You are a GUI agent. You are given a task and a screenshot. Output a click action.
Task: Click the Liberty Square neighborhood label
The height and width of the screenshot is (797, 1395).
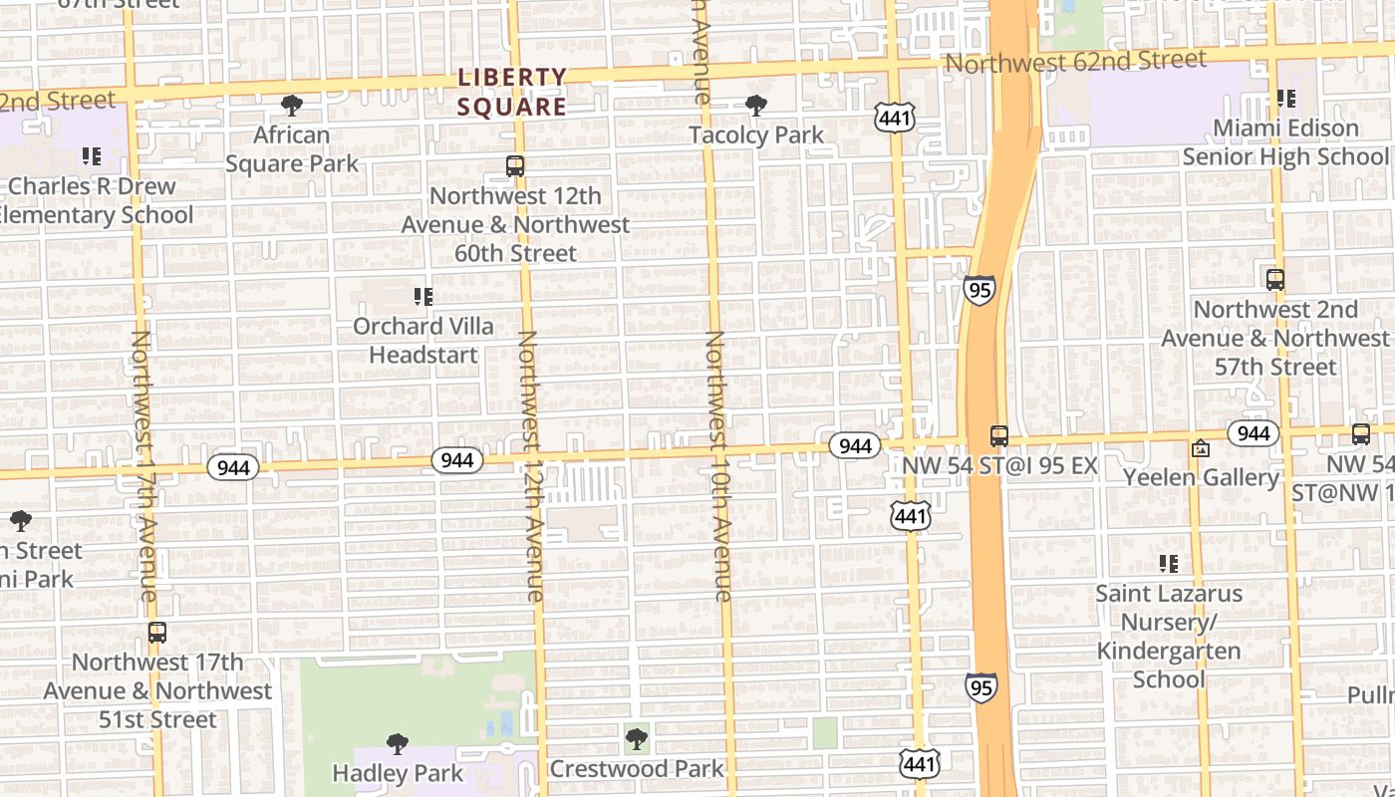click(x=512, y=91)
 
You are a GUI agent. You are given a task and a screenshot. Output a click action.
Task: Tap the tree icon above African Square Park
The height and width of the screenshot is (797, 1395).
click(x=292, y=105)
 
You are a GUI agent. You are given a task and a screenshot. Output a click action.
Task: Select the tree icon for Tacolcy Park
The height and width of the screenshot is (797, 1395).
click(x=756, y=105)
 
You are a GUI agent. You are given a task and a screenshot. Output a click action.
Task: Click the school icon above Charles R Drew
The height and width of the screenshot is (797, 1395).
click(x=92, y=155)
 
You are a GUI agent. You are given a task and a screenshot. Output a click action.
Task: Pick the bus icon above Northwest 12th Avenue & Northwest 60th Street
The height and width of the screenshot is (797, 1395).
click(x=515, y=166)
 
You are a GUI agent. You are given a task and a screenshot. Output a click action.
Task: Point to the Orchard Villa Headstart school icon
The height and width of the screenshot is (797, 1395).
click(x=423, y=296)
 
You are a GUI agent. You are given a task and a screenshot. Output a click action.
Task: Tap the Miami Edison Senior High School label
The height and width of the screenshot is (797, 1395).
click(x=1284, y=142)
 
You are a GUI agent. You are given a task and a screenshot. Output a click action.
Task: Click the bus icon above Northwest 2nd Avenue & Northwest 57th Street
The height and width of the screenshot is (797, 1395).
click(x=1275, y=280)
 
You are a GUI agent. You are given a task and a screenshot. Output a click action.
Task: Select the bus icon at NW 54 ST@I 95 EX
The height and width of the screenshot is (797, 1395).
click(x=999, y=436)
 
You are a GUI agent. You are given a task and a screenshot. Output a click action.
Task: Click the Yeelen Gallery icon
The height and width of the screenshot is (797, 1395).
click(x=1201, y=449)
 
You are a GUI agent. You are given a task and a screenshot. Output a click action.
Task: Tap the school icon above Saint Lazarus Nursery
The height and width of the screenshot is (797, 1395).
click(x=1169, y=564)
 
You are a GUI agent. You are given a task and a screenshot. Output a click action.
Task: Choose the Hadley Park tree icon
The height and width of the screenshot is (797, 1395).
click(x=398, y=743)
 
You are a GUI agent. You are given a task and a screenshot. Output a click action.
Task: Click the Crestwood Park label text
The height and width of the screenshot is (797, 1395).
click(x=637, y=768)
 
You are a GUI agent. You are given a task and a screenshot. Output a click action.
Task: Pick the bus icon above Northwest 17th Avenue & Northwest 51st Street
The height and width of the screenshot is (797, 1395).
click(x=156, y=632)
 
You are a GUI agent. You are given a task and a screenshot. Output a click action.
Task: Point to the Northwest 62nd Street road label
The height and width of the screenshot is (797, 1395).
click(x=1075, y=61)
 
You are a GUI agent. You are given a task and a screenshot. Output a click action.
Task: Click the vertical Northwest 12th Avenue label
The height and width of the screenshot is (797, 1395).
click(x=529, y=466)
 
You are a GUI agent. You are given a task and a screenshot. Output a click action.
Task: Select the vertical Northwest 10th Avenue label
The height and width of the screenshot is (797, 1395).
click(x=717, y=466)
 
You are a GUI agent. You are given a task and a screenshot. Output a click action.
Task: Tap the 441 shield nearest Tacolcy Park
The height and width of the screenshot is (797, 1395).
click(x=894, y=119)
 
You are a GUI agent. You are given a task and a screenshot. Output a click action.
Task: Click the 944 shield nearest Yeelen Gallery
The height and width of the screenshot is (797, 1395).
click(x=1253, y=433)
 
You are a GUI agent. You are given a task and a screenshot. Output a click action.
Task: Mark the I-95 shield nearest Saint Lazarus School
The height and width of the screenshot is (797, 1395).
click(x=980, y=686)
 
